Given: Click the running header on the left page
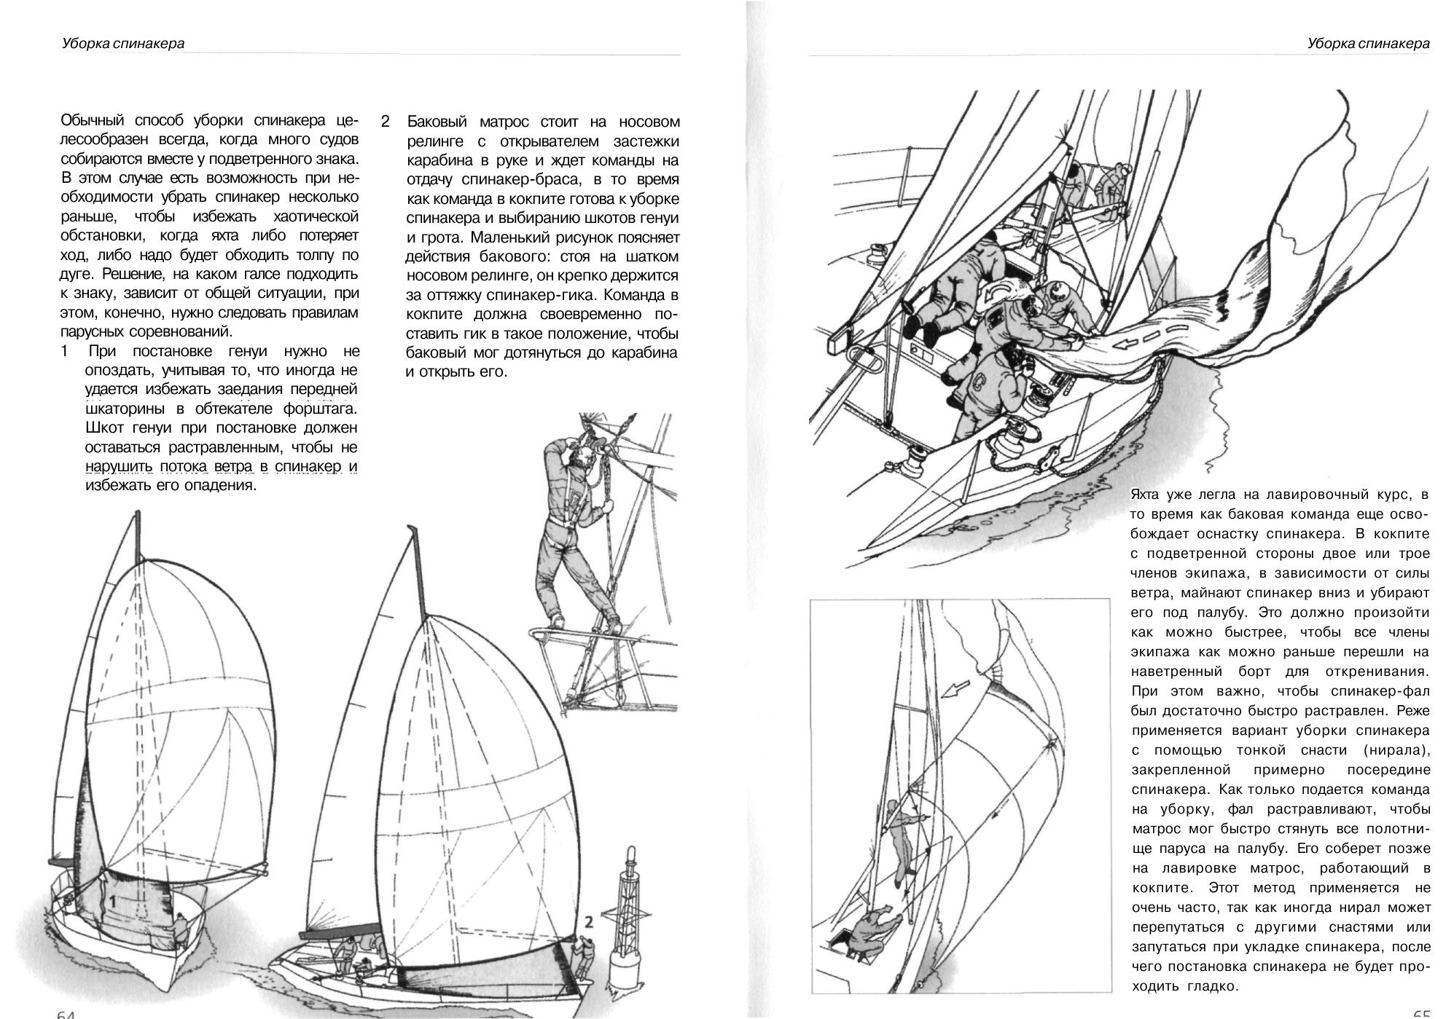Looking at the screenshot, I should point(123,44).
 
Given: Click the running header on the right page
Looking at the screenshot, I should point(1368,44).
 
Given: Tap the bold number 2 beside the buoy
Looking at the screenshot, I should point(588,922).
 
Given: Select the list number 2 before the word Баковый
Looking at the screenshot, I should point(386,122).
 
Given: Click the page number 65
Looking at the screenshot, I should point(1421,1013).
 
